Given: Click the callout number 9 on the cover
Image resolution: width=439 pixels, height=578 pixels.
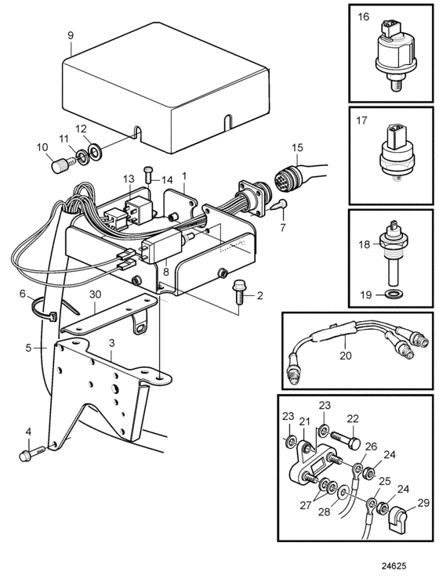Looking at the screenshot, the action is (x=71, y=35).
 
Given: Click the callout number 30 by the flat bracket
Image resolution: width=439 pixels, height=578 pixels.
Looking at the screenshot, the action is (x=95, y=295).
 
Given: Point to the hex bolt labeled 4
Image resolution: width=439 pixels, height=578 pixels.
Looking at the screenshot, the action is (x=33, y=453).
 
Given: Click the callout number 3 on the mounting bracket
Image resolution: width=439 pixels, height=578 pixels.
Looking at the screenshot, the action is (x=112, y=343).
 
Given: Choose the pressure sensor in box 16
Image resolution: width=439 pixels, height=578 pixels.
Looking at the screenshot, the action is (x=392, y=57).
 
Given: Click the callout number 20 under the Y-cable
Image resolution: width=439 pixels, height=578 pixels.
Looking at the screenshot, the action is (x=346, y=356).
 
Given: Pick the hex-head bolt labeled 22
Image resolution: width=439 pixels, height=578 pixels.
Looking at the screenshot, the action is (x=346, y=440).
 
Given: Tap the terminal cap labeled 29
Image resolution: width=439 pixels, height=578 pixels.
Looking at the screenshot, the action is (x=398, y=518).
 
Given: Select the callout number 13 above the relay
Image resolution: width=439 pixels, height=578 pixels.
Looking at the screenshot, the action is (x=129, y=179).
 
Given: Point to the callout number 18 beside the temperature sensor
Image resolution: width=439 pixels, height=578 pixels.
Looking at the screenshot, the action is (x=364, y=244).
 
